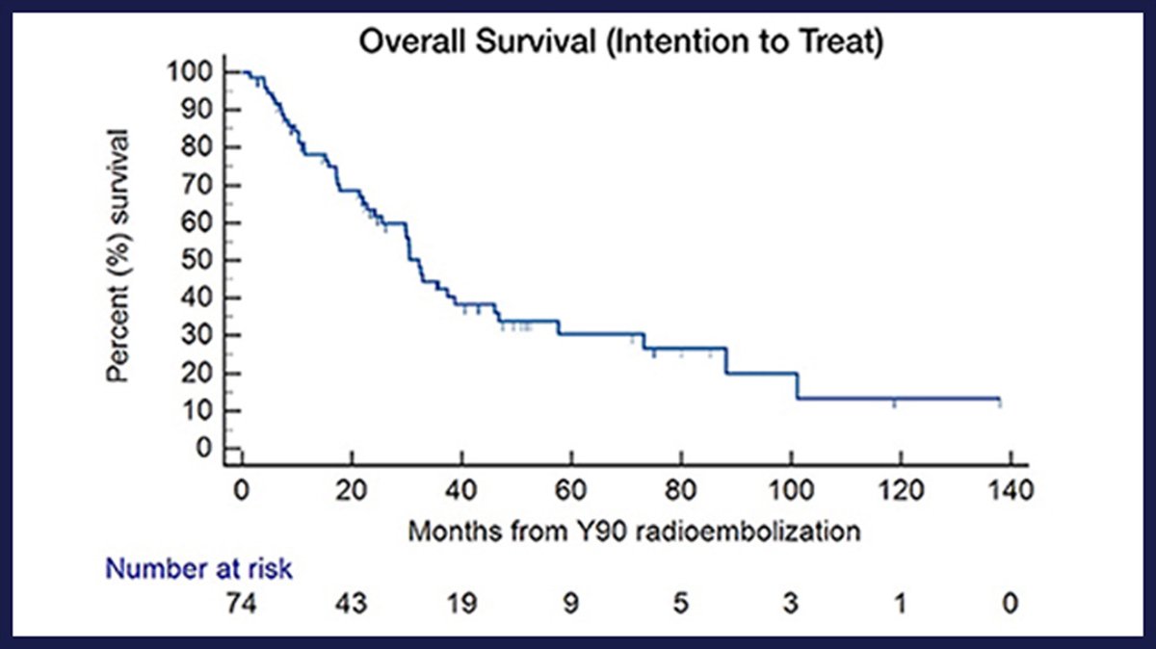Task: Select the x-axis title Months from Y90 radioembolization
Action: [633, 530]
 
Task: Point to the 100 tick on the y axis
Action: [190, 72]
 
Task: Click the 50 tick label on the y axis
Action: [197, 260]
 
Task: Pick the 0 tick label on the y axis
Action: [204, 449]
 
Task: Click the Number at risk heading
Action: [199, 569]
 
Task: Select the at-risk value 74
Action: [243, 604]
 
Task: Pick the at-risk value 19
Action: [461, 604]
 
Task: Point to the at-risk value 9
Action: [571, 604]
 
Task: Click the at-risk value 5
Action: [681, 604]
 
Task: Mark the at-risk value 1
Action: [901, 604]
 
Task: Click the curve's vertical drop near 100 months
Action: [798, 385]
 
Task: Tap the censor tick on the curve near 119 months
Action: [894, 402]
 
